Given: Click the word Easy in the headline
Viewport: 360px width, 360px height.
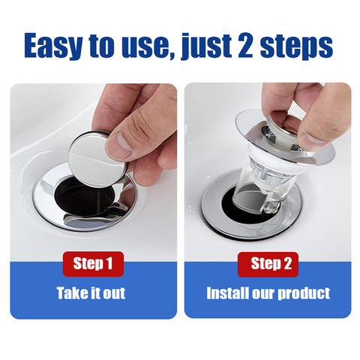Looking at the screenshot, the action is point(53,46).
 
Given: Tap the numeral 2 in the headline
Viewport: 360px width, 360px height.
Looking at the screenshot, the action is point(245,45).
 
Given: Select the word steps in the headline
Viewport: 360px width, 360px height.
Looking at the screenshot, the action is point(296,46).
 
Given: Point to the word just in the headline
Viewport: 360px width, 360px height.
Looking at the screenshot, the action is point(206,46).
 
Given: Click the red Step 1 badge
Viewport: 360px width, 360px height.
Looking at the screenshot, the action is point(93,264).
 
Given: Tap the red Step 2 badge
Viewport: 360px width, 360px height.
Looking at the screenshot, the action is point(268,265).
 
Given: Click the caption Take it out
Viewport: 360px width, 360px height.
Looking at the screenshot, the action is point(91,293).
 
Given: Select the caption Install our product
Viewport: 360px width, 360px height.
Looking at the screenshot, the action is point(268,293).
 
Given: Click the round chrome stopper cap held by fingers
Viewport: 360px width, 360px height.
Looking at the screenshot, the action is point(96,159).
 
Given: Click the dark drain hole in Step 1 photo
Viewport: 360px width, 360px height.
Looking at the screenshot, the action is point(82,197).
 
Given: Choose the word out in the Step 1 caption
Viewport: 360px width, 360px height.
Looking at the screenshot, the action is point(114,293).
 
